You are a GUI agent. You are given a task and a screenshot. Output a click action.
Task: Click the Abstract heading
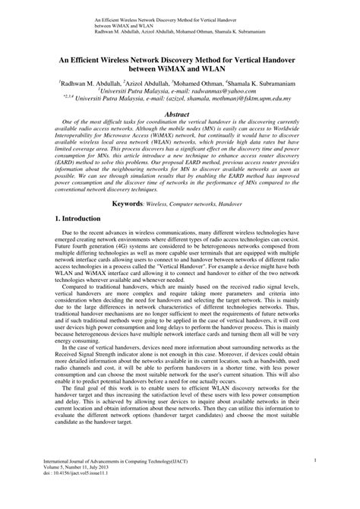(179, 113)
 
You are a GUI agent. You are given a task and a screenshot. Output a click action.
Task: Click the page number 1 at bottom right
(336, 481)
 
